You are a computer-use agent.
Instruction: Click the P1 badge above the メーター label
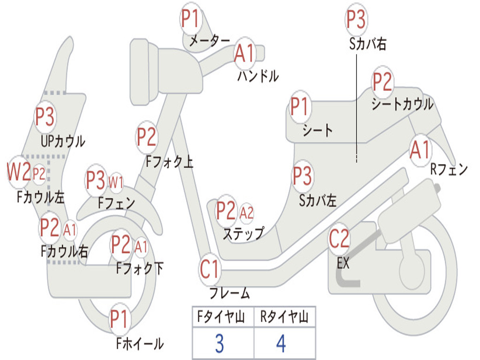191,18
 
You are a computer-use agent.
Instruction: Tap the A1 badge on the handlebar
245,53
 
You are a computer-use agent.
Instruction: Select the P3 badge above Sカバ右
356,19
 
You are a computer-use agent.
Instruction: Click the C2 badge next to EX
339,239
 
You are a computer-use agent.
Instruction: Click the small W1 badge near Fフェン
116,183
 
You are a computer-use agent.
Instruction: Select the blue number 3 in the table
219,344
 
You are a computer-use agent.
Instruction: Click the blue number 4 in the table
281,344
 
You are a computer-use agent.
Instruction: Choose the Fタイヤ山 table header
221,317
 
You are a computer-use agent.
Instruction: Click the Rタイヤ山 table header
285,317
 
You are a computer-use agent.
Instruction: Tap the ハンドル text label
258,75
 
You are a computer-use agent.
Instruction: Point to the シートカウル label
402,104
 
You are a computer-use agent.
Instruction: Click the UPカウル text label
63,141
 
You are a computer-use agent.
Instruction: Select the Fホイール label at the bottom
140,344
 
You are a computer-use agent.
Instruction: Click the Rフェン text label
449,169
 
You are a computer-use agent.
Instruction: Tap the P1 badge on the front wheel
119,319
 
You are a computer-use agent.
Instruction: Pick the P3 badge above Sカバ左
302,176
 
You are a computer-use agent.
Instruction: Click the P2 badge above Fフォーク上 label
147,137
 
